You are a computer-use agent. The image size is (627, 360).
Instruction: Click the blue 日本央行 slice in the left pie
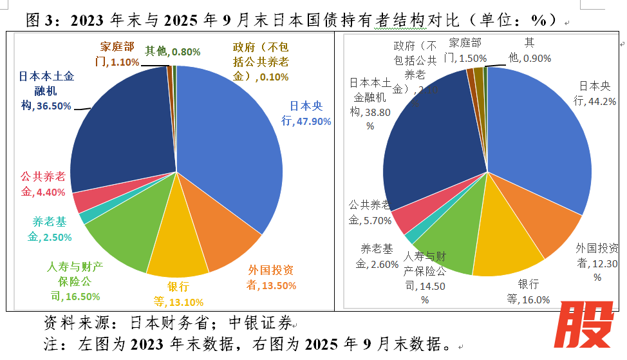(232, 142)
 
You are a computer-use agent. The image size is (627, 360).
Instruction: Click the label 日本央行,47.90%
(306, 113)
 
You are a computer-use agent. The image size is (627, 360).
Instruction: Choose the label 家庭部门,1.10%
(117, 55)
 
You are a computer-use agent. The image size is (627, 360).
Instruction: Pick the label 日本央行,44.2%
(595, 93)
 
